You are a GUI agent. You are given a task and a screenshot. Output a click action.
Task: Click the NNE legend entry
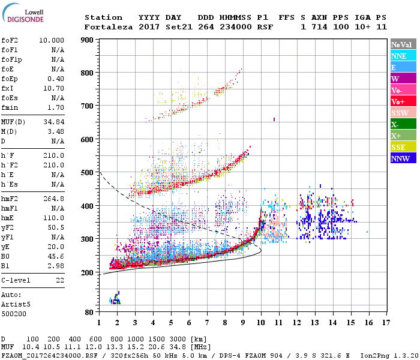399,56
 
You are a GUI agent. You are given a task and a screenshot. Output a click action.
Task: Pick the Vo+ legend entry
399,102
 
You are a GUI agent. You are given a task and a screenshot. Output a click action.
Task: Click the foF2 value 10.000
52,40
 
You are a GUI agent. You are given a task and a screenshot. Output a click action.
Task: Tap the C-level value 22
60,280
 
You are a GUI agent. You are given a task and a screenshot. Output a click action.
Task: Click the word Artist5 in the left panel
16,304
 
